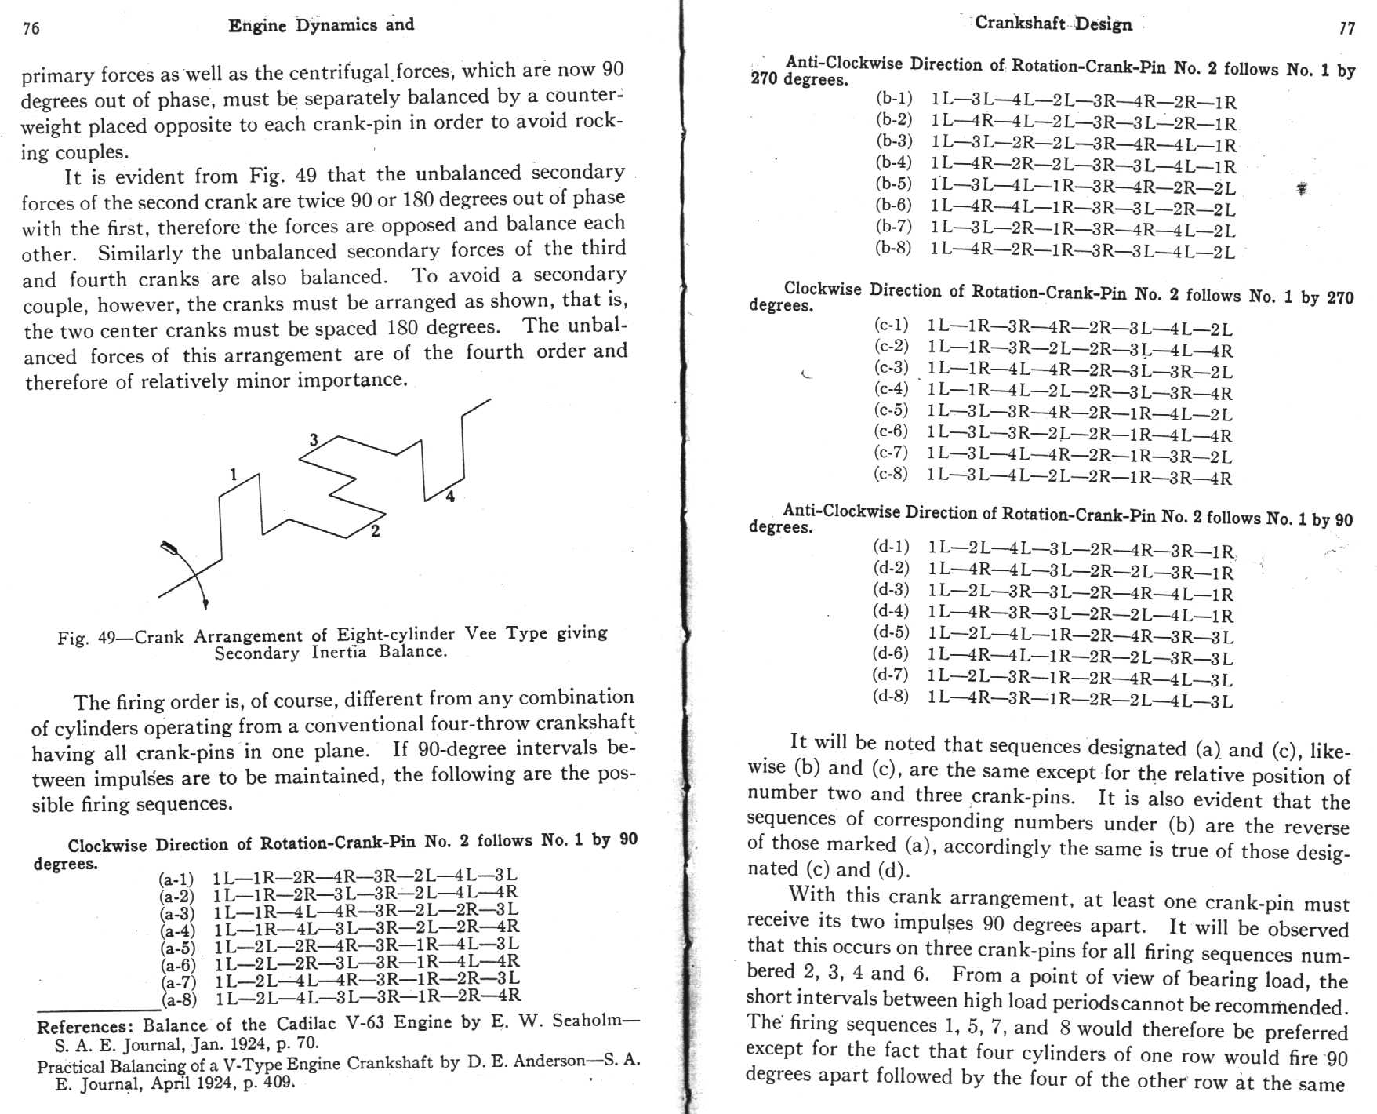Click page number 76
31,29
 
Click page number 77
1346,29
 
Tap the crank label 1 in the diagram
233,474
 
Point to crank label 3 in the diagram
314,440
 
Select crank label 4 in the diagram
450,496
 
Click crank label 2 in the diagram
376,531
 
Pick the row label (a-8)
179,999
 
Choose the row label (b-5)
894,184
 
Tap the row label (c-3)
892,368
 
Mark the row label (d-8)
891,697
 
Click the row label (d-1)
892,547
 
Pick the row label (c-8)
891,474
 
